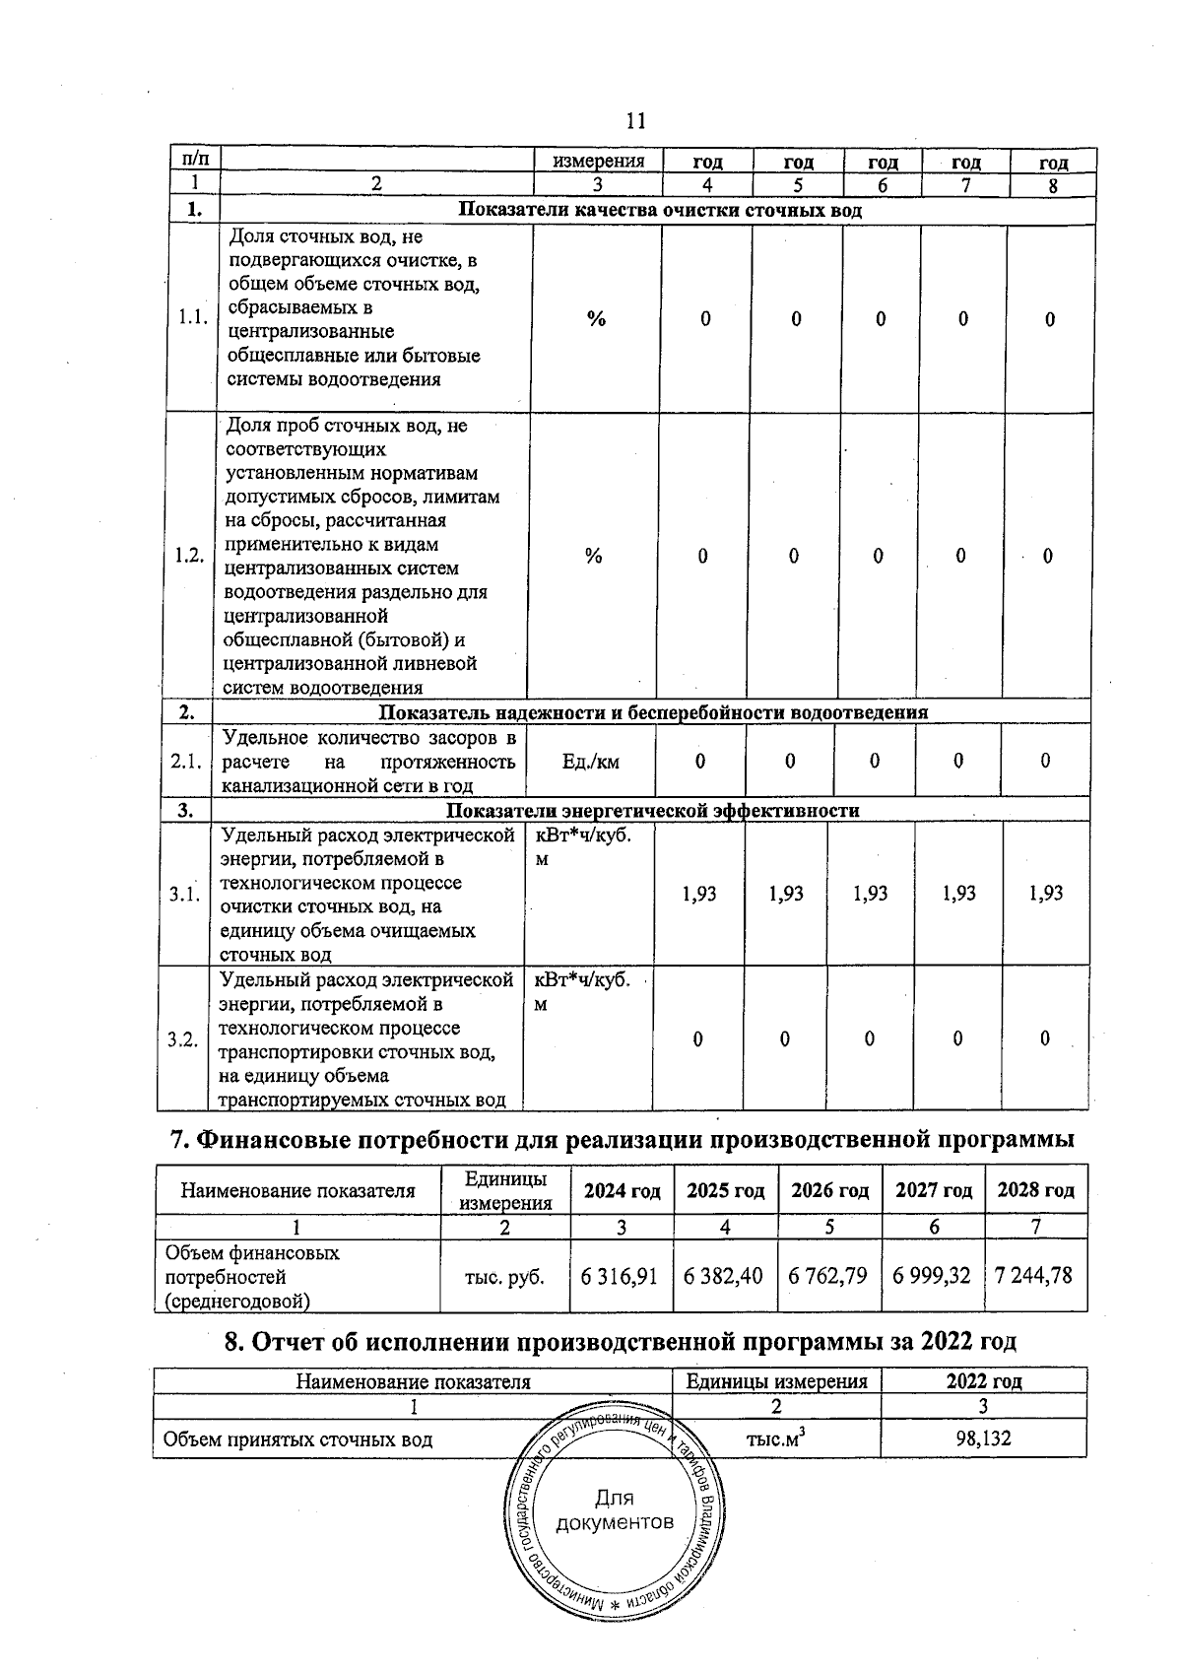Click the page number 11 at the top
tap(635, 121)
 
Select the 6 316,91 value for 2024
tap(619, 1276)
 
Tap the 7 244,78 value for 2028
tap(1034, 1276)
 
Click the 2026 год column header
tap(829, 1190)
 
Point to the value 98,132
tap(983, 1438)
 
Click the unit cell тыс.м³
tap(776, 1438)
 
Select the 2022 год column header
tap(983, 1381)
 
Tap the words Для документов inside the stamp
tap(615, 1510)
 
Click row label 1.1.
tap(192, 317)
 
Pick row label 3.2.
tap(183, 1039)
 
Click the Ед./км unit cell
tap(591, 762)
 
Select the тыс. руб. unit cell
tap(504, 1276)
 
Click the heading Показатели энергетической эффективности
tap(652, 811)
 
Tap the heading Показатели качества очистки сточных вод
tap(660, 210)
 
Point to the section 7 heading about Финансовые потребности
tap(622, 1140)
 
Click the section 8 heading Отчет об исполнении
tap(621, 1341)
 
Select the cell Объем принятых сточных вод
tap(297, 1439)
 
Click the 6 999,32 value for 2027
tap(931, 1276)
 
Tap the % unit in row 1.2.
tap(593, 557)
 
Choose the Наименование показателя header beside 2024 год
tap(297, 1190)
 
